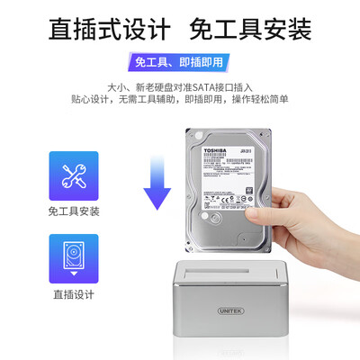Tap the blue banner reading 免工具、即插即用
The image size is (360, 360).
(179, 63)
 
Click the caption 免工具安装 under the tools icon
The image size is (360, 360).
(73, 213)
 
